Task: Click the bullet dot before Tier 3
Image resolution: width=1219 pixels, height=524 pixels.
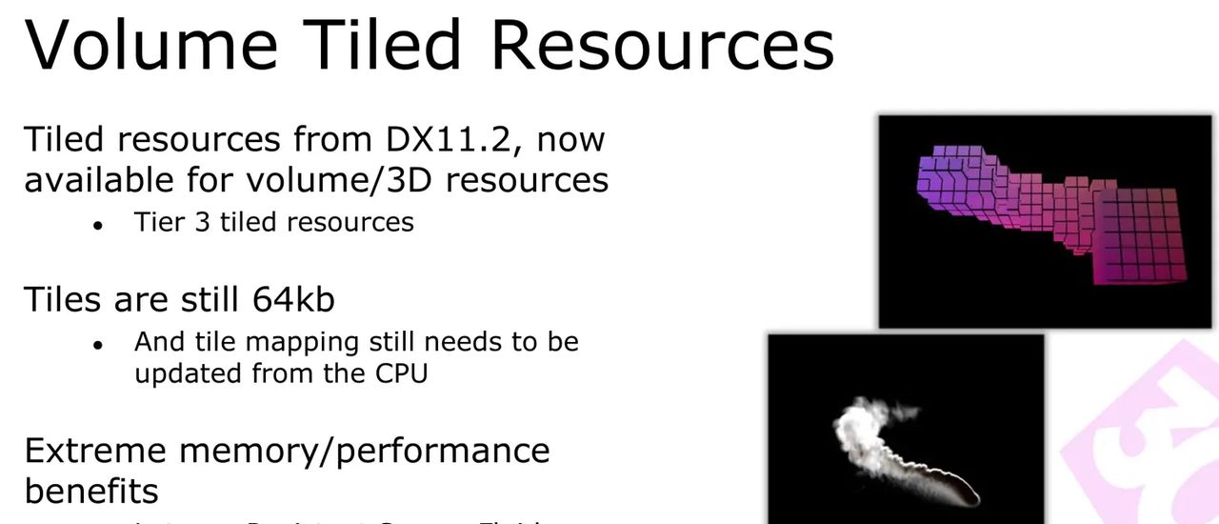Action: (x=98, y=225)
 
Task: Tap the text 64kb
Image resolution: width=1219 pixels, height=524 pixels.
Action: (x=293, y=299)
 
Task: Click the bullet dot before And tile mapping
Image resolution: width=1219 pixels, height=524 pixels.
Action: (x=98, y=344)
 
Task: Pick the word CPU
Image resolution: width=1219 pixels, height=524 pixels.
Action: (x=398, y=373)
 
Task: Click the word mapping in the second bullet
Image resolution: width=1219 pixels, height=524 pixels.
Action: (x=305, y=342)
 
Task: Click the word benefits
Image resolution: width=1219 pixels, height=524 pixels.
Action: (x=91, y=491)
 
